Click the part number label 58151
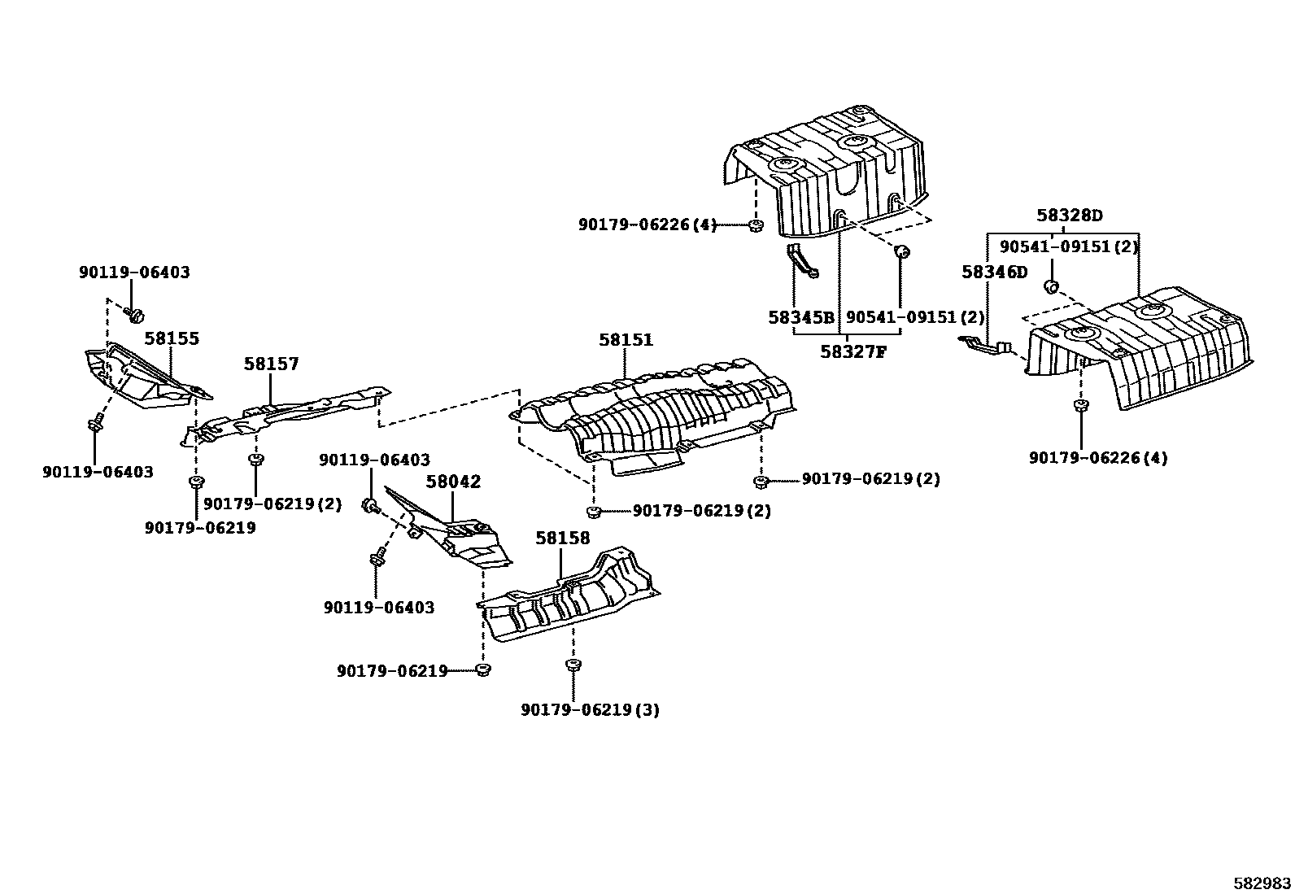pyautogui.click(x=626, y=340)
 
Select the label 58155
pyautogui.click(x=172, y=338)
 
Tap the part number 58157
pyautogui.click(x=271, y=364)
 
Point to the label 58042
pyautogui.click(x=453, y=482)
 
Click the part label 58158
pyautogui.click(x=562, y=539)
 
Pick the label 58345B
pyautogui.click(x=801, y=317)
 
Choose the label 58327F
pyautogui.click(x=852, y=351)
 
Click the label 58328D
pyautogui.click(x=1069, y=216)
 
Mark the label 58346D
pyautogui.click(x=994, y=272)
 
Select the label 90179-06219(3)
pyautogui.click(x=590, y=710)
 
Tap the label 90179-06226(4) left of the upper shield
pyautogui.click(x=647, y=225)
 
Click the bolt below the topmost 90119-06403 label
pyautogui.click(x=135, y=313)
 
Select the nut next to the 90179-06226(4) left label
pyautogui.click(x=756, y=225)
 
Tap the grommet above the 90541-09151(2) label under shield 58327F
pyautogui.click(x=901, y=251)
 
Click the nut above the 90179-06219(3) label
pyautogui.click(x=573, y=665)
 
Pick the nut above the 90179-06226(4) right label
pyautogui.click(x=1080, y=406)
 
